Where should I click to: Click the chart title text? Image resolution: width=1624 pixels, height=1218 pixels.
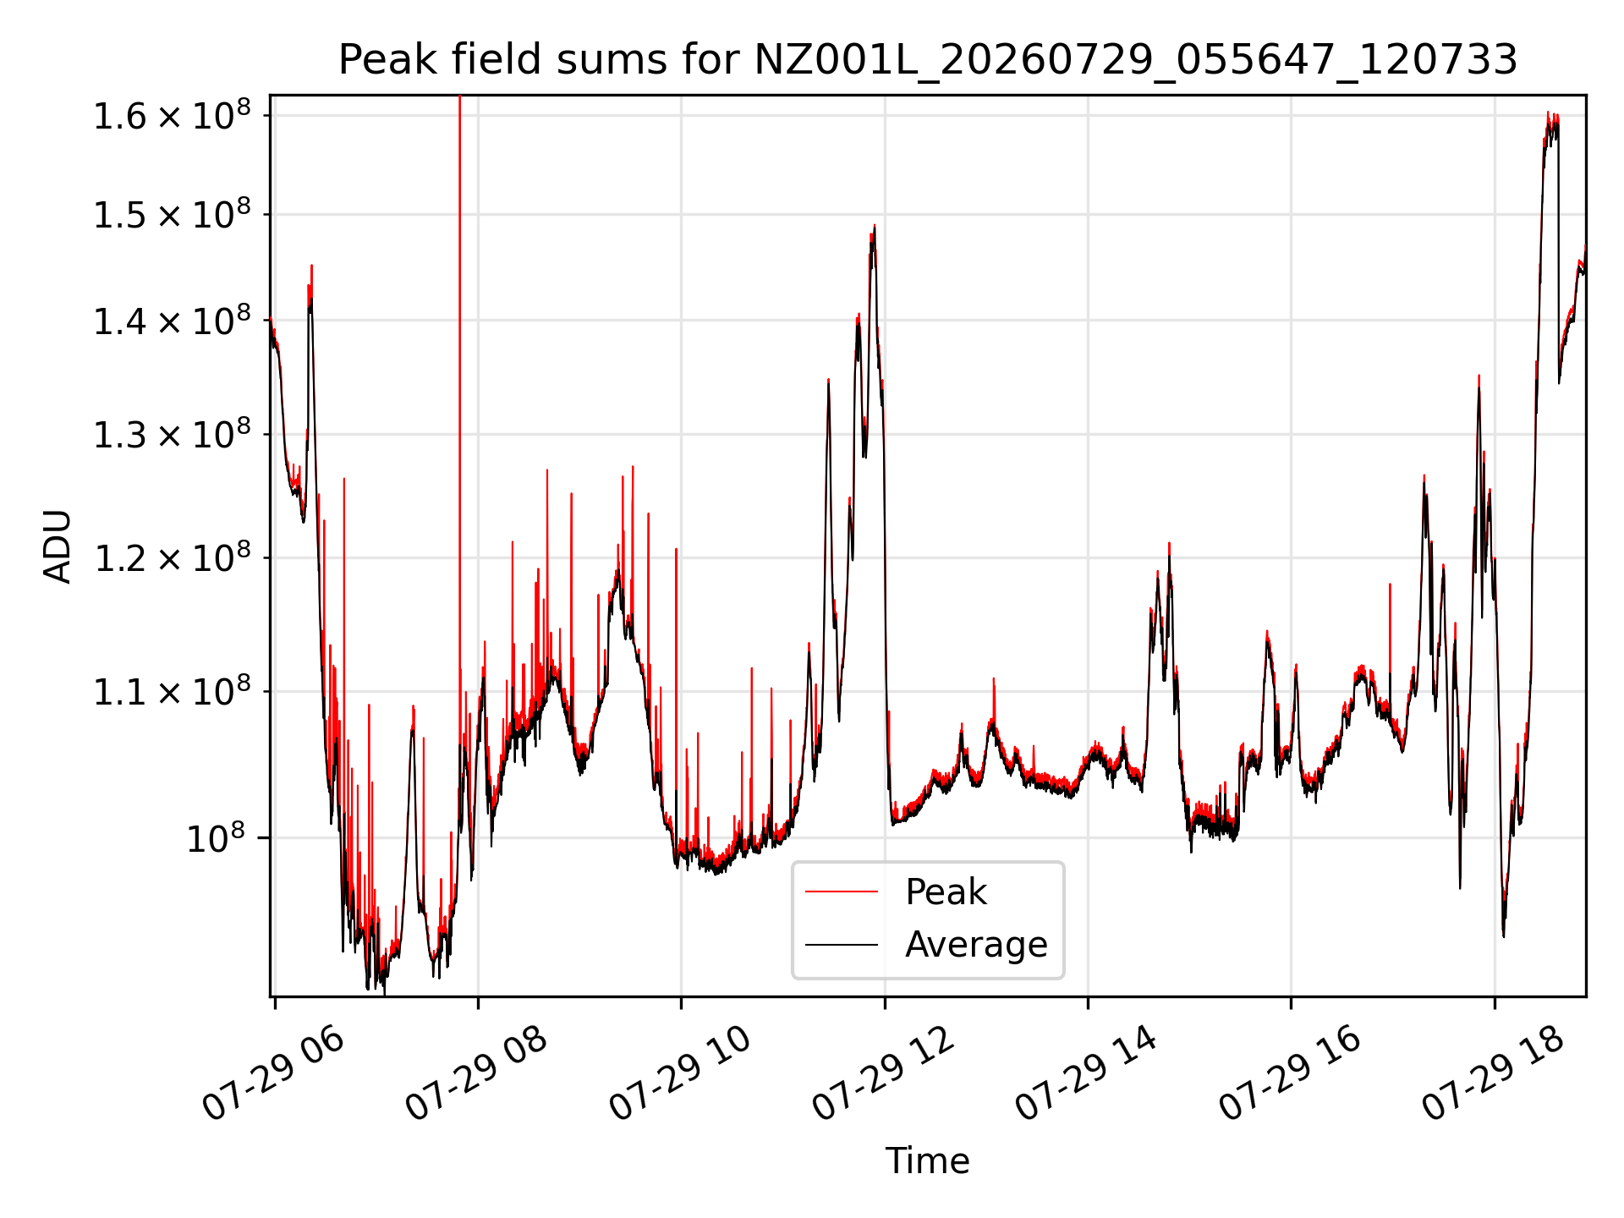[x=928, y=60]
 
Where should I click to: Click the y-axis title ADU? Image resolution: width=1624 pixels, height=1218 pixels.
[x=58, y=546]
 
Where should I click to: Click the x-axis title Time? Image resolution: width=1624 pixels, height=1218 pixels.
[x=927, y=1160]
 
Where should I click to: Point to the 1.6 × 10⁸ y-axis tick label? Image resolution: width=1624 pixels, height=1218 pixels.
[x=172, y=116]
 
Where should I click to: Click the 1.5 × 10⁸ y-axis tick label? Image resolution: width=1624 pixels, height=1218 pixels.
[x=172, y=215]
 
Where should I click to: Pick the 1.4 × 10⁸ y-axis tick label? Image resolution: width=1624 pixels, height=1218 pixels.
[x=172, y=321]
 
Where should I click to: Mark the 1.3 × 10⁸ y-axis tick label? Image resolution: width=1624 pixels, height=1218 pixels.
[x=172, y=435]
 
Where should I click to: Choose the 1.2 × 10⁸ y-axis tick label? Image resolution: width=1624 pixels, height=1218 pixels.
[x=172, y=558]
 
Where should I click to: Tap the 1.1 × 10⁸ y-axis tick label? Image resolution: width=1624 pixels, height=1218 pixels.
[x=172, y=692]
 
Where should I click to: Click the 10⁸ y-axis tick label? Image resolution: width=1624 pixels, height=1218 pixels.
[x=216, y=838]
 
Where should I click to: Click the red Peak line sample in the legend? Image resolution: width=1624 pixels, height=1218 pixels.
[x=841, y=892]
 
